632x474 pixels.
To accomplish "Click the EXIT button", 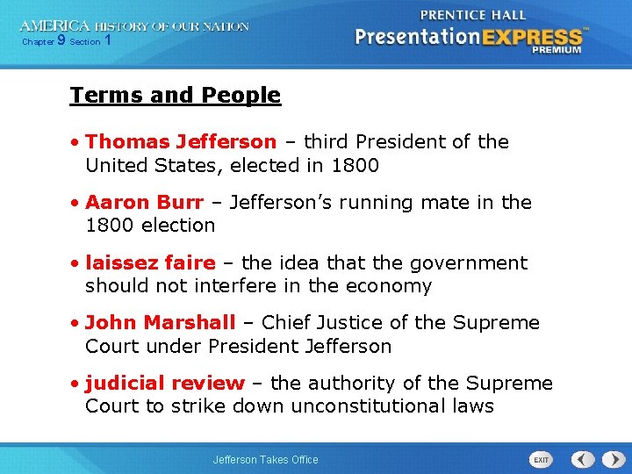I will click(541, 459).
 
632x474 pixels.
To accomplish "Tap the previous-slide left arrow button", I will click(583, 459).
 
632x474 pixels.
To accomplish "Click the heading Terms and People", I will click(176, 95).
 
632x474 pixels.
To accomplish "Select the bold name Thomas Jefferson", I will click(181, 141).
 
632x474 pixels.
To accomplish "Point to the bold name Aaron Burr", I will click(144, 202).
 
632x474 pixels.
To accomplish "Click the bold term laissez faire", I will click(150, 262).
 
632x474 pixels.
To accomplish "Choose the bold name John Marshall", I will click(161, 322).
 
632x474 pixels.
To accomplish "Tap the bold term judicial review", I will click(165, 383).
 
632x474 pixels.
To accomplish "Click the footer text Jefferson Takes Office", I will click(266, 459).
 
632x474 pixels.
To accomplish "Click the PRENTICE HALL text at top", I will click(473, 15).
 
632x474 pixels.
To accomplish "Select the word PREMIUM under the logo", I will click(556, 50).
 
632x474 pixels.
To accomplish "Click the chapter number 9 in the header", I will click(61, 40).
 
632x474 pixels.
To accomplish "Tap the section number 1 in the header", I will click(107, 40).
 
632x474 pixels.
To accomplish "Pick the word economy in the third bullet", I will click(390, 285).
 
